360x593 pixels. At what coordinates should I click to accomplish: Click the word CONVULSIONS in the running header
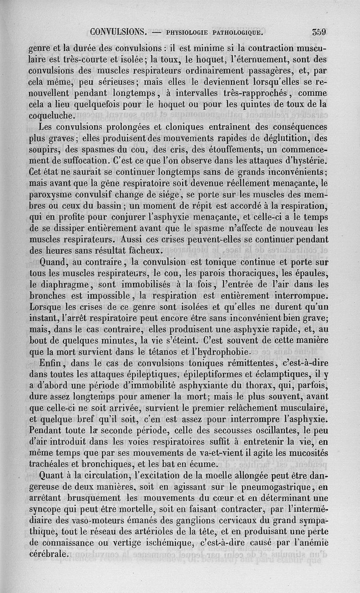(x=119, y=32)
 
